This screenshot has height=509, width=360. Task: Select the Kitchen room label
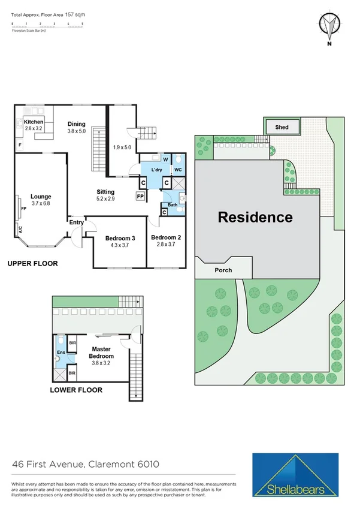[34, 122]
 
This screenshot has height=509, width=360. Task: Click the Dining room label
[77, 124]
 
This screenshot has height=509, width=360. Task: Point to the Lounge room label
[41, 196]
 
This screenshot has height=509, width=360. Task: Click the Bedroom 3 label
[120, 238]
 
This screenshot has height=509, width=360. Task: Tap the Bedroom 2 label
[166, 237]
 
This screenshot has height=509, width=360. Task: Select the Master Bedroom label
[102, 352]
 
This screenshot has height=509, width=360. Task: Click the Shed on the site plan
[282, 127]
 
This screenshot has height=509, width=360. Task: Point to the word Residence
[255, 217]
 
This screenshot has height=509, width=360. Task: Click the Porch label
[223, 270]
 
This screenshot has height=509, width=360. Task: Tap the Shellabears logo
[297, 475]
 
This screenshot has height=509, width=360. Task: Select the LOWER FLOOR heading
[77, 390]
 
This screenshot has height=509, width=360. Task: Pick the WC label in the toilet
[178, 170]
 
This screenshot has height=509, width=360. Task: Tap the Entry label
[77, 222]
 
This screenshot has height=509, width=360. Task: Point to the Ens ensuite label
[60, 353]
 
